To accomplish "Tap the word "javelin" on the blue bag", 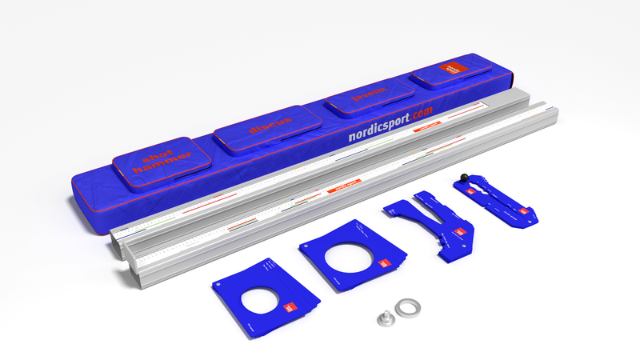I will pyautogui.click(x=369, y=94).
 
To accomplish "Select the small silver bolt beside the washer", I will pyautogui.click(x=386, y=318).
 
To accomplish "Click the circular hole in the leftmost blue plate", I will pyautogui.click(x=264, y=301).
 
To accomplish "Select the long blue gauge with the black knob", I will pyautogui.click(x=496, y=200).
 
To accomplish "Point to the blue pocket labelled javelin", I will pyautogui.click(x=369, y=101).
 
